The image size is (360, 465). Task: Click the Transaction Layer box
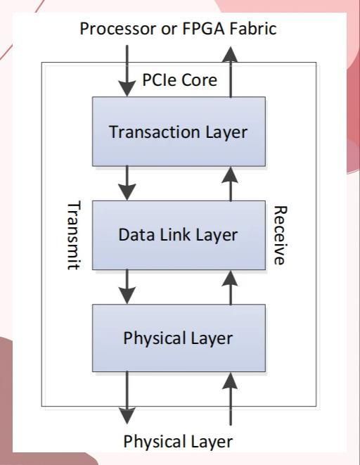[179, 132]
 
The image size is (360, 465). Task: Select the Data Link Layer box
[179, 235]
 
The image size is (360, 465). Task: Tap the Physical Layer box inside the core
[179, 338]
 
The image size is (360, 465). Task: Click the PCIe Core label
[179, 80]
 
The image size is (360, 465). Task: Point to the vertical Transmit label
[73, 236]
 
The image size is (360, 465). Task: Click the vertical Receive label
[280, 235]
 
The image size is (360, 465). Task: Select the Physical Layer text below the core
[178, 442]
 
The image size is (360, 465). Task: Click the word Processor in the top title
[118, 29]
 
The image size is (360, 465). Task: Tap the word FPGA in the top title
[205, 29]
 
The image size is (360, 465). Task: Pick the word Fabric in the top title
[253, 29]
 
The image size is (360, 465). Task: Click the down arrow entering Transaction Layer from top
[127, 70]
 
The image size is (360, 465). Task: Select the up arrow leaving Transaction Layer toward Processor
[230, 72]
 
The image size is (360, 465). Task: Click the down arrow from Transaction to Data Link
[127, 184]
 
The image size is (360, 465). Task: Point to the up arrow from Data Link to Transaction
[230, 184]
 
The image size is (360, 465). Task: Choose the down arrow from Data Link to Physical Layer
[127, 287]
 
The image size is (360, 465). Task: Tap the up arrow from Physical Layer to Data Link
[230, 287]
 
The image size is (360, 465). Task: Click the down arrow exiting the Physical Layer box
[127, 397]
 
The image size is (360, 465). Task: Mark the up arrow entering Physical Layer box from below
[230, 399]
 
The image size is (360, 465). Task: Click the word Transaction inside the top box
[155, 132]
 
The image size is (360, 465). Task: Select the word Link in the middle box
[175, 234]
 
